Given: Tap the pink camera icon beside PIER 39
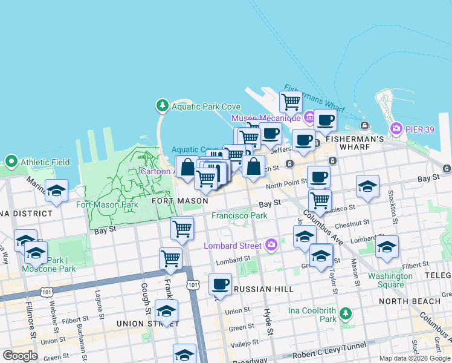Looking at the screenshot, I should pyautogui.click(x=396, y=128).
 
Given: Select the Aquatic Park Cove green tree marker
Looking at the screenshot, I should pyautogui.click(x=162, y=106).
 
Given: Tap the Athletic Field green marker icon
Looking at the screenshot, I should pyautogui.click(x=11, y=162).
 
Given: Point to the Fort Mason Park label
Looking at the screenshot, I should pyautogui.click(x=107, y=204).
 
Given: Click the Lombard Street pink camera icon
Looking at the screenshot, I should pyautogui.click(x=271, y=246).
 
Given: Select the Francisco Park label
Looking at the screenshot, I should pyautogui.click(x=239, y=215).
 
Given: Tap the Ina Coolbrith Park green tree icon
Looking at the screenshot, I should pyautogui.click(x=345, y=314).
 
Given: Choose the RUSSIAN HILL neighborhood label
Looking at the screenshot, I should pyautogui.click(x=260, y=289).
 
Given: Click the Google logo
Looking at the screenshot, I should pyautogui.click(x=20, y=356).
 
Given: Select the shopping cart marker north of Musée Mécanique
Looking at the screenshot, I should pyautogui.click(x=291, y=101).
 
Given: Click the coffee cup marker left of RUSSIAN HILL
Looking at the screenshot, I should pyautogui.click(x=220, y=284).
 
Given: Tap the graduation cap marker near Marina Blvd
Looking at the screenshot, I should pyautogui.click(x=56, y=191).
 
